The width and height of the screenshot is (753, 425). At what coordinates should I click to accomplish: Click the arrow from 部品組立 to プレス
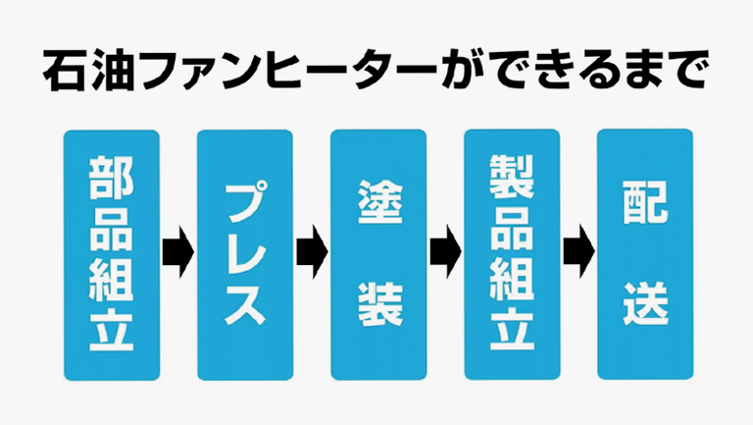tap(178, 252)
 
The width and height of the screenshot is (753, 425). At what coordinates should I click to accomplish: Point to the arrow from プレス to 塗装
tap(312, 252)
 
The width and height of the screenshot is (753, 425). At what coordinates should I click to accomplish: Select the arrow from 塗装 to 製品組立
tap(445, 252)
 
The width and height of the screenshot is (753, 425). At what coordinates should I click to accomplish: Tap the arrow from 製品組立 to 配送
tap(579, 252)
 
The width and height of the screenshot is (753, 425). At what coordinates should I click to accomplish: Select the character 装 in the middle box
tap(378, 304)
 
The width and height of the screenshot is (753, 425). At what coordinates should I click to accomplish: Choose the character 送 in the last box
tap(645, 304)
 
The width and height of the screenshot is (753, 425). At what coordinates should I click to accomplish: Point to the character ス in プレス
tap(245, 304)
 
